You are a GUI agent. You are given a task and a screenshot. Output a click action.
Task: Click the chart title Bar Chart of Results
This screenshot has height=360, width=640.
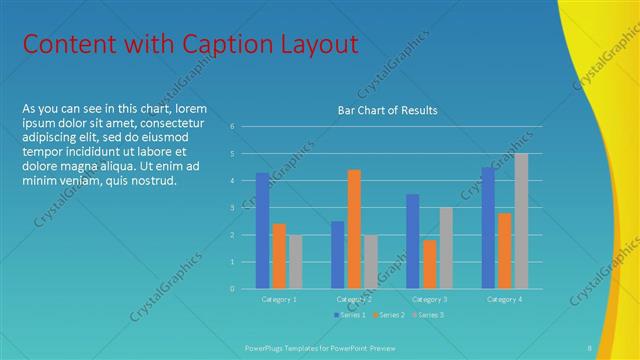click(387, 110)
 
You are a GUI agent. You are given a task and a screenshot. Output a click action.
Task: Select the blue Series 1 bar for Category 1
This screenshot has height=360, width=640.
click(262, 231)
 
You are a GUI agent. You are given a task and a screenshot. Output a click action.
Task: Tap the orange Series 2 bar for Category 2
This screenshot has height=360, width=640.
click(353, 229)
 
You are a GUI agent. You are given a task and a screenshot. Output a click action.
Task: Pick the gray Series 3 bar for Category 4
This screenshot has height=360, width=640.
click(521, 221)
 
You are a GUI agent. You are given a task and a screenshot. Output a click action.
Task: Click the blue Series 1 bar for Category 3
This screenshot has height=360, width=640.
click(412, 241)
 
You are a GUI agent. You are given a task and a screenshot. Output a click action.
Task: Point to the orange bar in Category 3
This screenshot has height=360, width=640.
click(429, 264)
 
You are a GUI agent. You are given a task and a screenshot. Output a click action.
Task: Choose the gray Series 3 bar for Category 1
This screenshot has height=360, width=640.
click(295, 262)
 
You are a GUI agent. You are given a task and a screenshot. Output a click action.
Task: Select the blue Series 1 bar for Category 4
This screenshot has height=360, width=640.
click(487, 228)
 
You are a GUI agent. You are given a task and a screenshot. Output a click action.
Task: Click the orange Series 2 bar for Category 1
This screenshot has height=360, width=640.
click(279, 256)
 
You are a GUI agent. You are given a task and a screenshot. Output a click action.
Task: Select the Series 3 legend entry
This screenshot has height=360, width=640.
click(428, 315)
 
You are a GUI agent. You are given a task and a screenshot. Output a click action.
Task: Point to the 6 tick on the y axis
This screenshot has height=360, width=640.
click(232, 127)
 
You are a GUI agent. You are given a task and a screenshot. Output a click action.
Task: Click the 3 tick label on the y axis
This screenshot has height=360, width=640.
click(232, 208)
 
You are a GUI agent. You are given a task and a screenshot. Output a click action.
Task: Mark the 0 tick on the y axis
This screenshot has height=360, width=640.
click(232, 289)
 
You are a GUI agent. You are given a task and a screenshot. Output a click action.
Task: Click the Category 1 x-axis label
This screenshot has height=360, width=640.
click(279, 299)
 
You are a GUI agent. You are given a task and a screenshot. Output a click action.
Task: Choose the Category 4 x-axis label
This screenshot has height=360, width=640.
click(504, 299)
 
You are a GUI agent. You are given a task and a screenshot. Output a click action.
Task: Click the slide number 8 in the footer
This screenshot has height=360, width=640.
click(589, 347)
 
